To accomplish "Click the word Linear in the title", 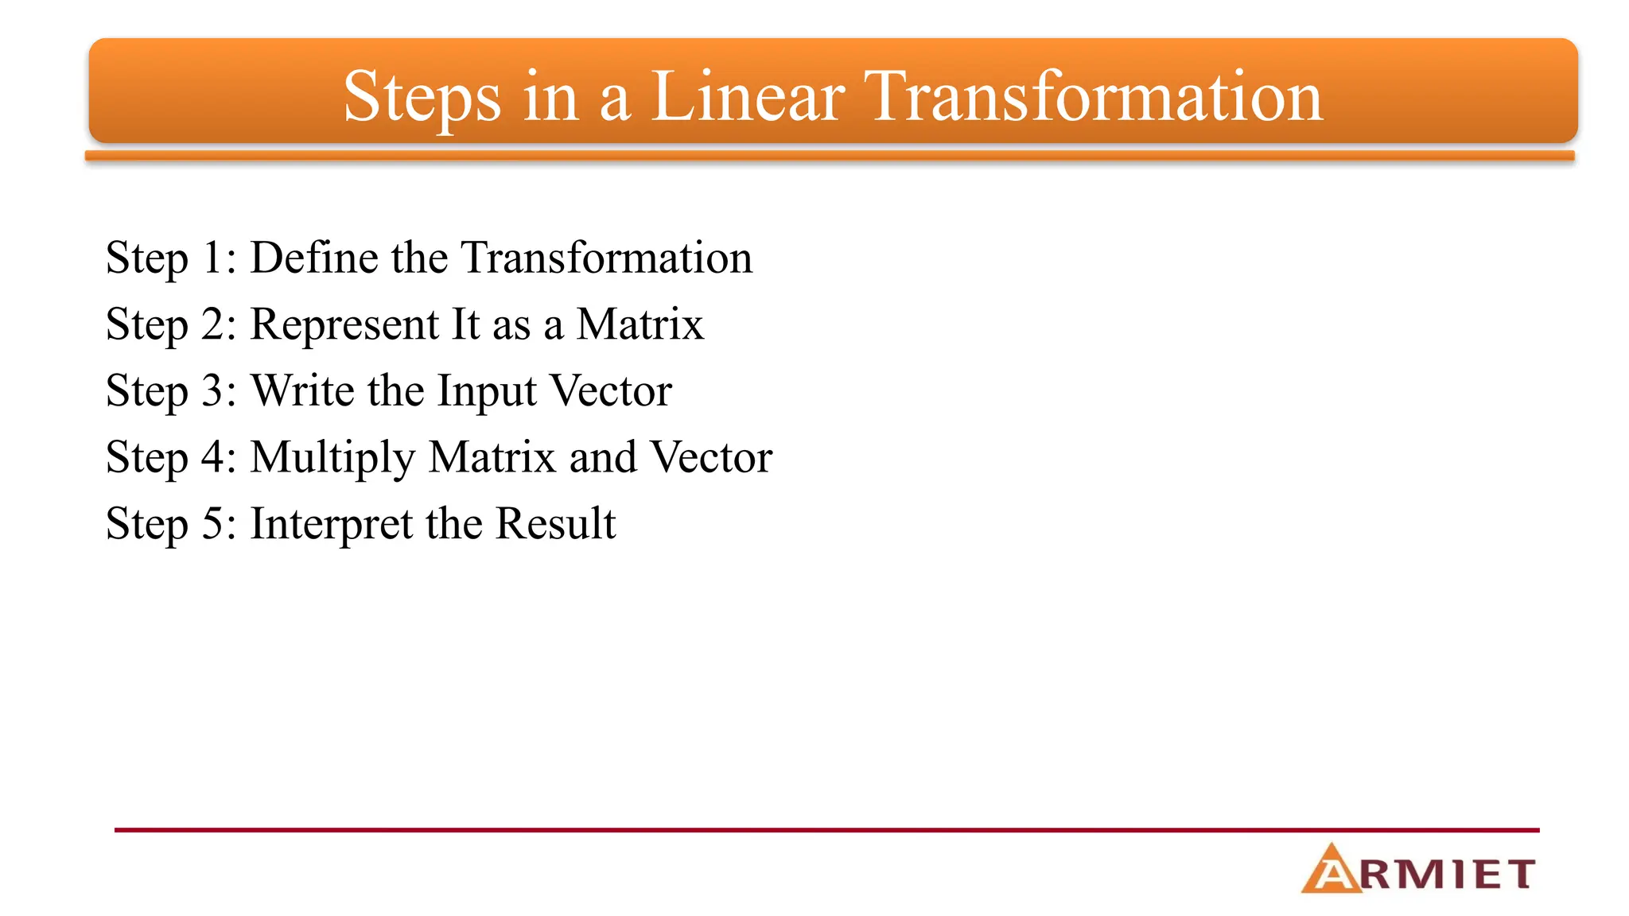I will click(x=748, y=96).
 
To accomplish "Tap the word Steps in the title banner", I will click(x=422, y=98).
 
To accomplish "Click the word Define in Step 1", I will click(x=314, y=258).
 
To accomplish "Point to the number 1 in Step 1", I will click(x=212, y=258).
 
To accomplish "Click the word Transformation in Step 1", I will click(x=606, y=258).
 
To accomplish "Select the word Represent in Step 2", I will click(x=344, y=325).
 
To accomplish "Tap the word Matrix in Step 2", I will click(x=640, y=324).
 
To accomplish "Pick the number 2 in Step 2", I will click(x=213, y=325).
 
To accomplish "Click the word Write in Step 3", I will click(x=303, y=391).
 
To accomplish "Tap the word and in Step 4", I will click(x=603, y=458).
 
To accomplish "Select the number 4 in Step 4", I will click(x=213, y=458).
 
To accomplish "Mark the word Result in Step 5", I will click(x=555, y=524).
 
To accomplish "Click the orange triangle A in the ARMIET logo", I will click(x=1330, y=871).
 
